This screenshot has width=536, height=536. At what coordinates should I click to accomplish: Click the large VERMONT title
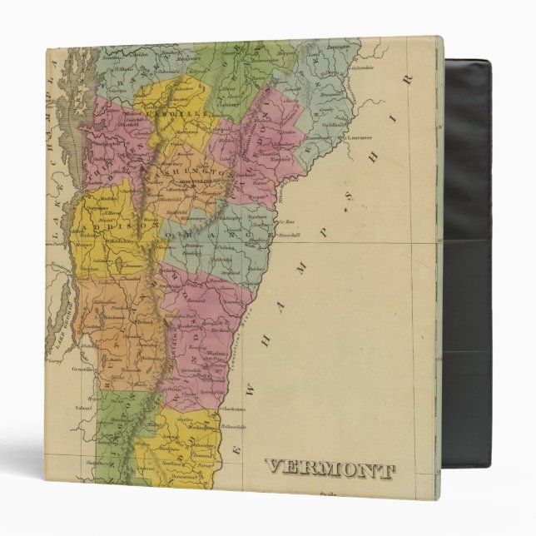coord(330,470)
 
